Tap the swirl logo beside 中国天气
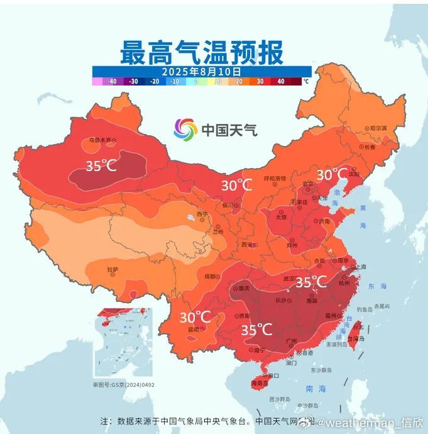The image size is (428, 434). [185, 130]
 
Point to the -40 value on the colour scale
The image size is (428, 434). [112, 81]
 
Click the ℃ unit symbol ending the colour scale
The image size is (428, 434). [306, 81]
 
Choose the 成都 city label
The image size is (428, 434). [210, 276]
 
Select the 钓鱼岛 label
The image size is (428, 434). [365, 309]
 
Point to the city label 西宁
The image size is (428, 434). [202, 214]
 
